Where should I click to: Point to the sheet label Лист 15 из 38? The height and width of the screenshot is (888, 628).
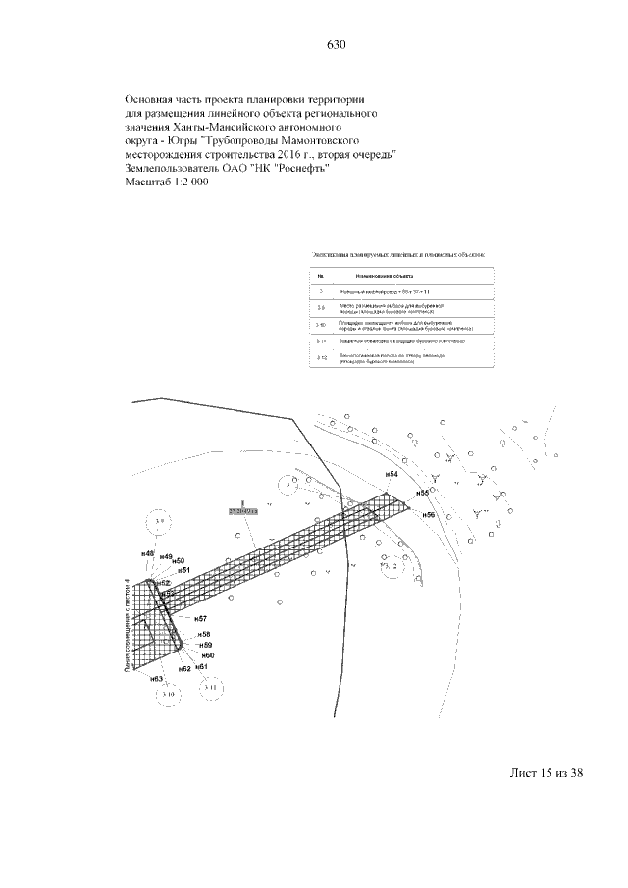click(x=547, y=773)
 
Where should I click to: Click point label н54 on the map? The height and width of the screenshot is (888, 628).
click(x=391, y=475)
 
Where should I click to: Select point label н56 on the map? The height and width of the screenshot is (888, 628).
click(x=428, y=514)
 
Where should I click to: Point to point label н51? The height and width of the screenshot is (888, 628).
click(x=183, y=569)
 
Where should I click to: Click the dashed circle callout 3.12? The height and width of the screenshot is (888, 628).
click(x=391, y=566)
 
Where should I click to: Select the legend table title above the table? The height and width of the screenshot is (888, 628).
click(x=397, y=255)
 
